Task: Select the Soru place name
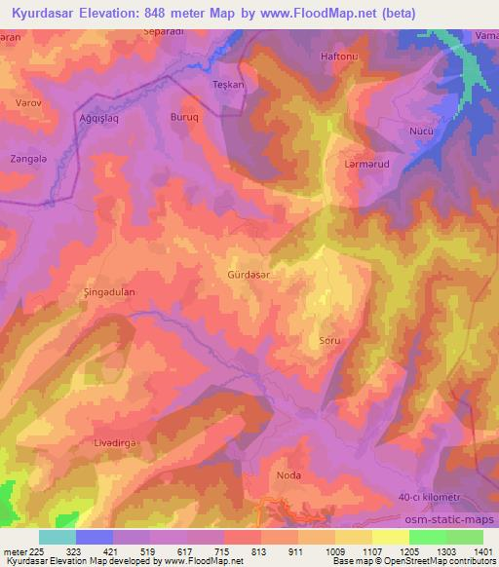(329, 341)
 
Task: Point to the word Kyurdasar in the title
(46, 14)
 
